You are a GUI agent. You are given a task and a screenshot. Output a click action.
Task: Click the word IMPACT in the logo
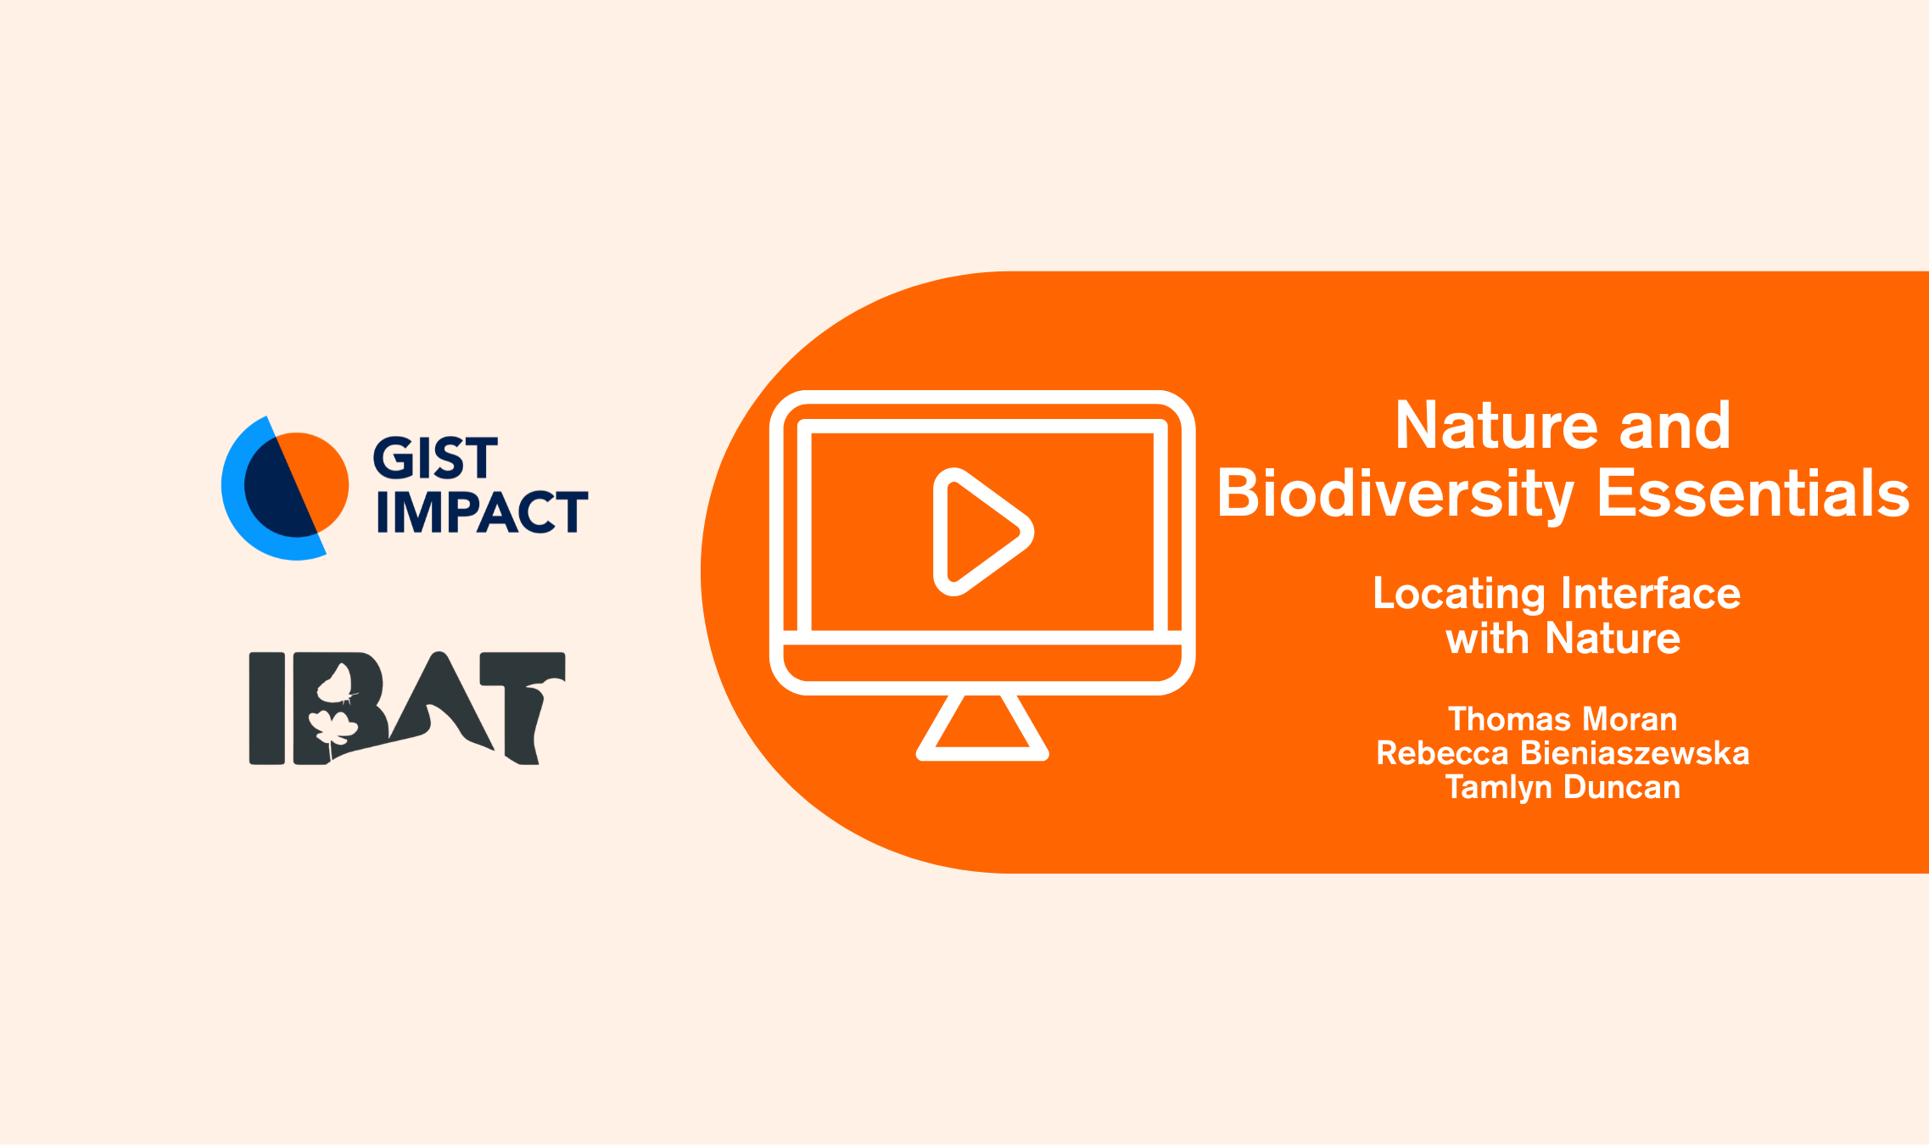point(482,511)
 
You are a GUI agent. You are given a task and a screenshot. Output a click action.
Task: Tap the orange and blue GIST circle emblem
point(284,488)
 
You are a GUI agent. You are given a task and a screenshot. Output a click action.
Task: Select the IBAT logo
point(407,708)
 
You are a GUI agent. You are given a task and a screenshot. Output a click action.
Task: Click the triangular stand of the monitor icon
point(982,727)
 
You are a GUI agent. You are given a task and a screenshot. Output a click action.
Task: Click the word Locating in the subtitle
point(1459,595)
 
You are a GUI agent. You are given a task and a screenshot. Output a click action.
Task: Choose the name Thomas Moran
point(1563,719)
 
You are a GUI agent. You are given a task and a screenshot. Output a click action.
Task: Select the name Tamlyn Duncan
point(1563,788)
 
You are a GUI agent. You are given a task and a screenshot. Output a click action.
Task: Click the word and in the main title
point(1675,425)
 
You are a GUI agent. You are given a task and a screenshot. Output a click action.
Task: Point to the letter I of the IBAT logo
point(266,708)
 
